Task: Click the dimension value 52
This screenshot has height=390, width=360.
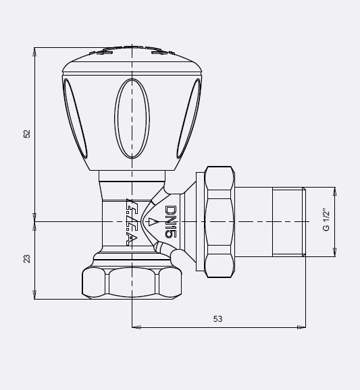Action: pyautogui.click(x=27, y=133)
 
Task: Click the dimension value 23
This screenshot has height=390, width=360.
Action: pyautogui.click(x=27, y=258)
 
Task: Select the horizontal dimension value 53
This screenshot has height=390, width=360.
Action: pyautogui.click(x=217, y=318)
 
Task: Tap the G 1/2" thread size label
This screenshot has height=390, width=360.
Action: pyautogui.click(x=326, y=221)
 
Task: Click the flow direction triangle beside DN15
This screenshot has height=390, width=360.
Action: pyautogui.click(x=153, y=221)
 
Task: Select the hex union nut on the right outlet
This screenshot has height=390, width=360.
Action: pyautogui.click(x=220, y=221)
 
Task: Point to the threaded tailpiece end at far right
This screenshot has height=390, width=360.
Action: pyautogui.click(x=288, y=221)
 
